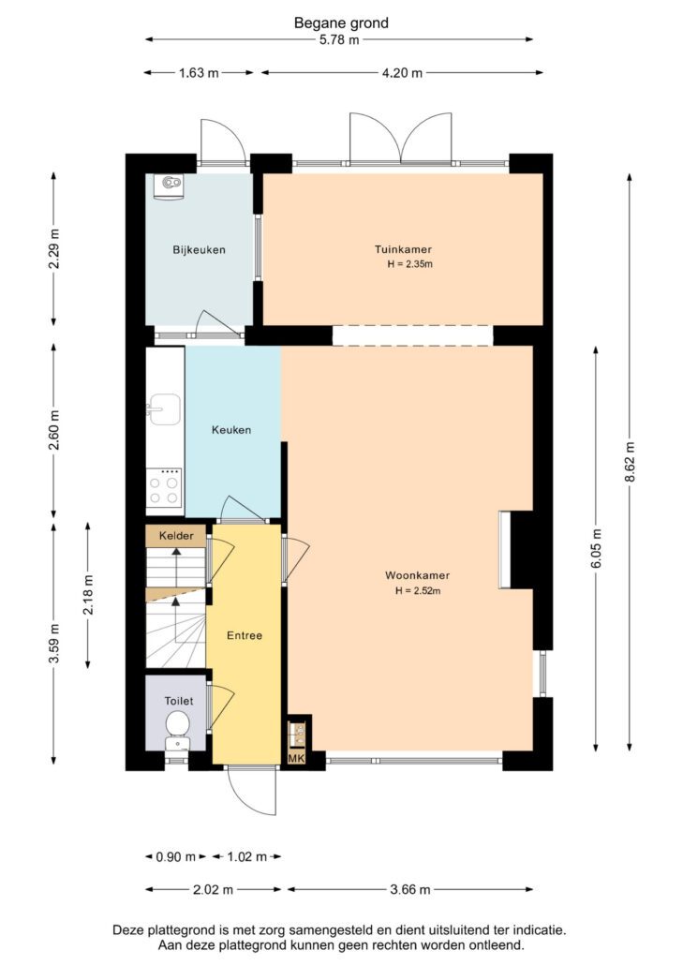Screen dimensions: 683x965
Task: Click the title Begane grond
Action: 341,23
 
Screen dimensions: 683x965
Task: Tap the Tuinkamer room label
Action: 403,249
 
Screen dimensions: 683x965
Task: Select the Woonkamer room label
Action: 417,575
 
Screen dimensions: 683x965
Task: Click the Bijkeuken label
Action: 199,250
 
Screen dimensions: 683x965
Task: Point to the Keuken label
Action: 231,430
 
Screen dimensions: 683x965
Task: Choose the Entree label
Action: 245,635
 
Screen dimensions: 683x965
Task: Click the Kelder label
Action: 176,535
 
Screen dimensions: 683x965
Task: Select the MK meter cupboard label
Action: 297,758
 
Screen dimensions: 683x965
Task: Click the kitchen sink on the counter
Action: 164,409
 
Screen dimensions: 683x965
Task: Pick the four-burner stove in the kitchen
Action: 164,487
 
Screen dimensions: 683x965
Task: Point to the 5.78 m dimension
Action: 339,40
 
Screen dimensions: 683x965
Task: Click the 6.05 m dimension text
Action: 596,549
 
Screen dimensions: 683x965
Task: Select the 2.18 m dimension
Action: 88,595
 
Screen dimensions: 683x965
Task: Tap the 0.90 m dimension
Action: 176,856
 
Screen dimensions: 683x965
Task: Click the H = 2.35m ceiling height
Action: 409,264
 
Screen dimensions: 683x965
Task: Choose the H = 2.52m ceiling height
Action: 418,591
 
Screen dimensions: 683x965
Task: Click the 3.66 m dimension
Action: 410,889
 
